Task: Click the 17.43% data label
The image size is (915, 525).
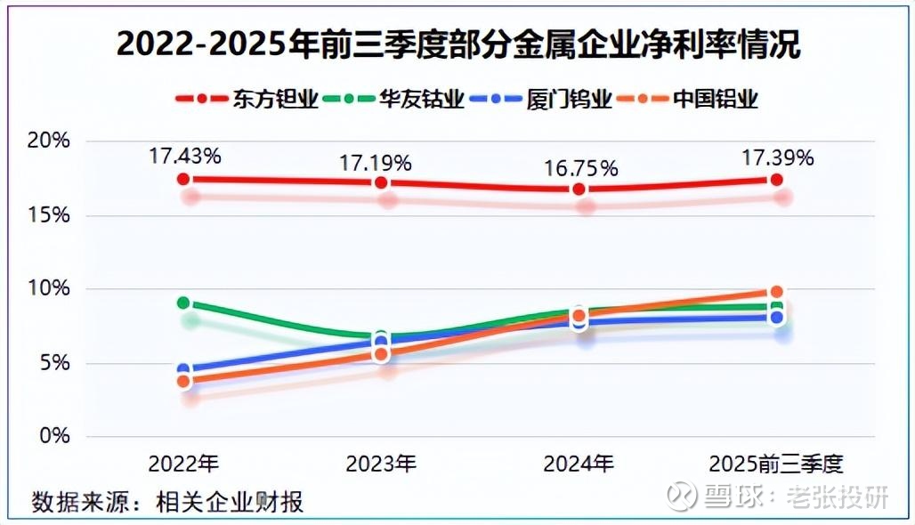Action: (184, 157)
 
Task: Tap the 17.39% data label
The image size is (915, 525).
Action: (777, 157)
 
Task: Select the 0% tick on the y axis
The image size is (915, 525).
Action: (56, 436)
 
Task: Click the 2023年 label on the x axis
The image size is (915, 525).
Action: (381, 464)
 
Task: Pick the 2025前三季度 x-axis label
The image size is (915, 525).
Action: (775, 464)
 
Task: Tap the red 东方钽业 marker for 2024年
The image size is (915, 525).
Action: (579, 190)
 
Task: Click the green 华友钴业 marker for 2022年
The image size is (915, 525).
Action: (183, 303)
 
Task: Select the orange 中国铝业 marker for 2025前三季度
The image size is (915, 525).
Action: (776, 292)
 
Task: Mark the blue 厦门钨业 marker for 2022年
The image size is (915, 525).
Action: (183, 369)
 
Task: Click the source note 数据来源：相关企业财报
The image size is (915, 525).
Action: (168, 502)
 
